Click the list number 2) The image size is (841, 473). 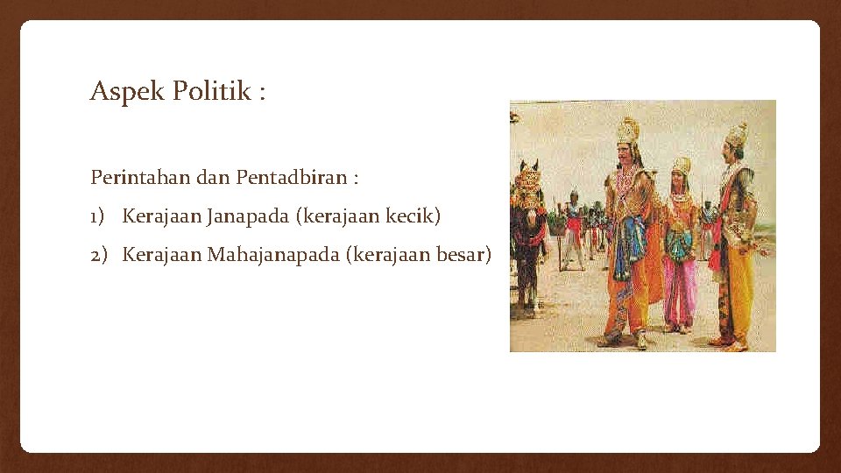tap(99, 255)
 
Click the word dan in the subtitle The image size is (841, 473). tap(213, 178)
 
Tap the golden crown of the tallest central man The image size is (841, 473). tap(627, 131)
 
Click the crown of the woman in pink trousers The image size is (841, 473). tap(681, 164)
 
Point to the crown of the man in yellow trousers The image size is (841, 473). tap(737, 135)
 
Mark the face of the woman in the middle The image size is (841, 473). tap(680, 180)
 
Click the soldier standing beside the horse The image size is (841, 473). tap(573, 232)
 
